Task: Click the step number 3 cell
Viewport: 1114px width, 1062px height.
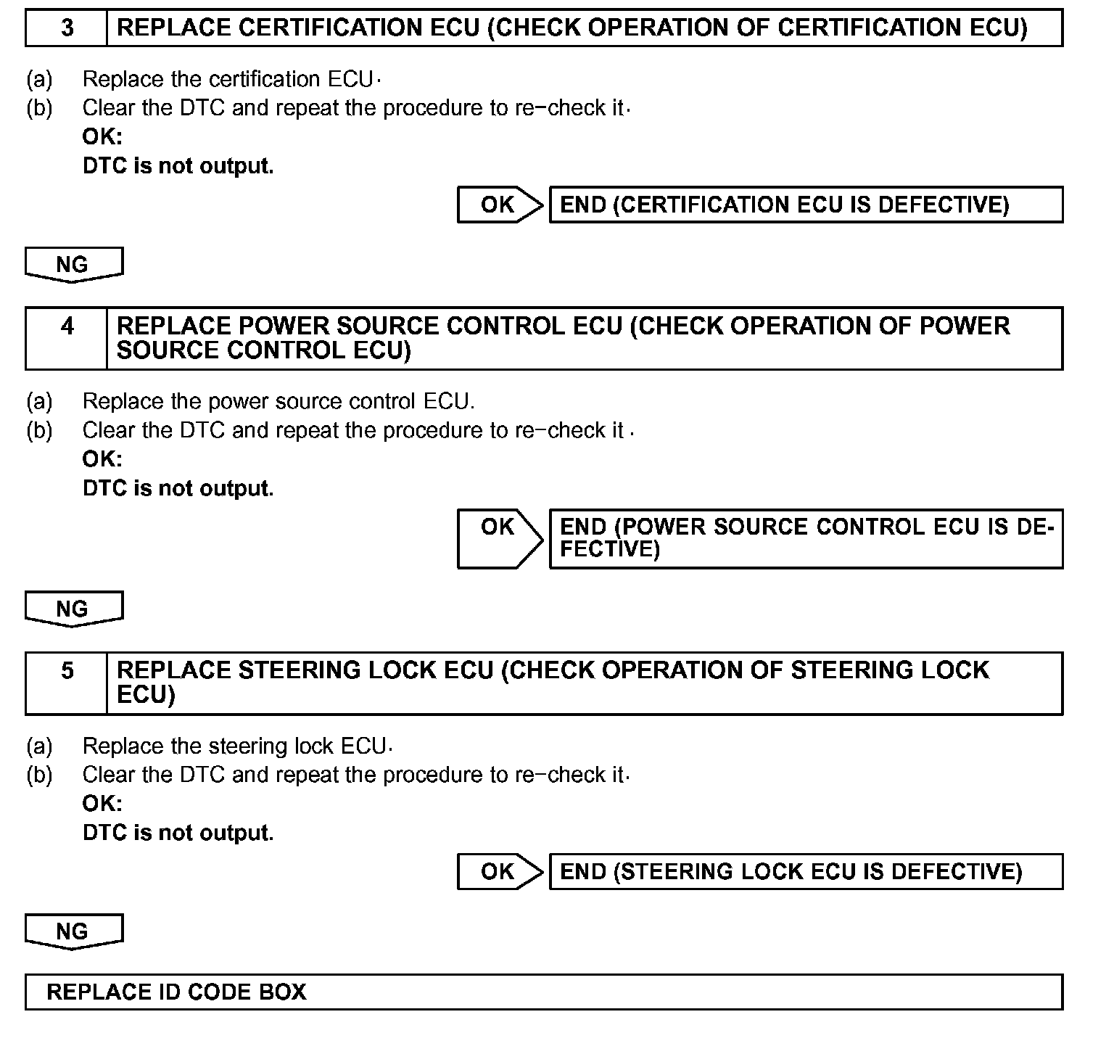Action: coord(67,28)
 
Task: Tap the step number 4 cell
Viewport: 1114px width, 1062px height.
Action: coord(67,338)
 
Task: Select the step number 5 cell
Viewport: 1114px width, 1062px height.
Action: coord(67,683)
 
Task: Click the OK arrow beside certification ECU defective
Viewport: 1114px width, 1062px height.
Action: coord(499,205)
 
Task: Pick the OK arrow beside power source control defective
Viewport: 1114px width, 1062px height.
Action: coord(499,538)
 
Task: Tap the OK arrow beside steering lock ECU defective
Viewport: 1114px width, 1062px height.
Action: coord(499,871)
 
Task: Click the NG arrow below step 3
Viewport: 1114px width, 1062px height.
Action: coord(73,265)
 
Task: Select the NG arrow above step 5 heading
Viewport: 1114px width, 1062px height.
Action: coord(73,609)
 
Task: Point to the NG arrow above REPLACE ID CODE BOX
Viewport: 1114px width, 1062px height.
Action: coord(73,931)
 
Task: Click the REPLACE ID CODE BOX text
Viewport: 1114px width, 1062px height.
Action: coord(176,992)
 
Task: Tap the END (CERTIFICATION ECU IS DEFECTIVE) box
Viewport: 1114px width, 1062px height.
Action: coord(805,205)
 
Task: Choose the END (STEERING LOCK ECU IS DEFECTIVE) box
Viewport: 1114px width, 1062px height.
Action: coord(805,871)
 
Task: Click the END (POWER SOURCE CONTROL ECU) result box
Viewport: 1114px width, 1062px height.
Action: coord(805,538)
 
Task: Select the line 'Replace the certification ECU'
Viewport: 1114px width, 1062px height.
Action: coord(228,78)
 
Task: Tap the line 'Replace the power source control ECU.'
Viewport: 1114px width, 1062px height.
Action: coord(278,400)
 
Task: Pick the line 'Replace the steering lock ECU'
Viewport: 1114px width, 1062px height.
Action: coord(234,746)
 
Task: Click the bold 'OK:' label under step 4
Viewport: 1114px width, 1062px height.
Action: coord(102,458)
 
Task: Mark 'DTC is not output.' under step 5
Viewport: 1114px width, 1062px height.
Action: coord(178,832)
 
